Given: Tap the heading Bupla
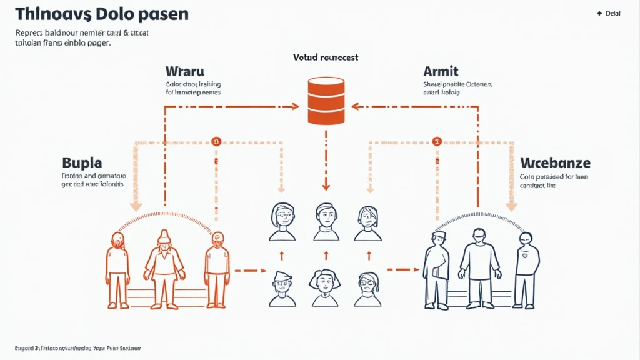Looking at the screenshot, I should tap(82, 163).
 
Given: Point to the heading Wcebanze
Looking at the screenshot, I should tap(555, 163).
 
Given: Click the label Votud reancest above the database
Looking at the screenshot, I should tap(326, 57).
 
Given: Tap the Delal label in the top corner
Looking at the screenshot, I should tap(609, 14).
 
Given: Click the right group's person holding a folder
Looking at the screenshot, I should tap(437, 269).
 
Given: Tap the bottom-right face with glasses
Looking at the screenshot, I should tap(369, 288).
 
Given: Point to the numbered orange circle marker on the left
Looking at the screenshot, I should tap(216, 141).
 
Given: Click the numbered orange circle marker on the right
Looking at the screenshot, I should tap(437, 141).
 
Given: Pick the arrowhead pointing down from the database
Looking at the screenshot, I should tap(326, 186).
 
